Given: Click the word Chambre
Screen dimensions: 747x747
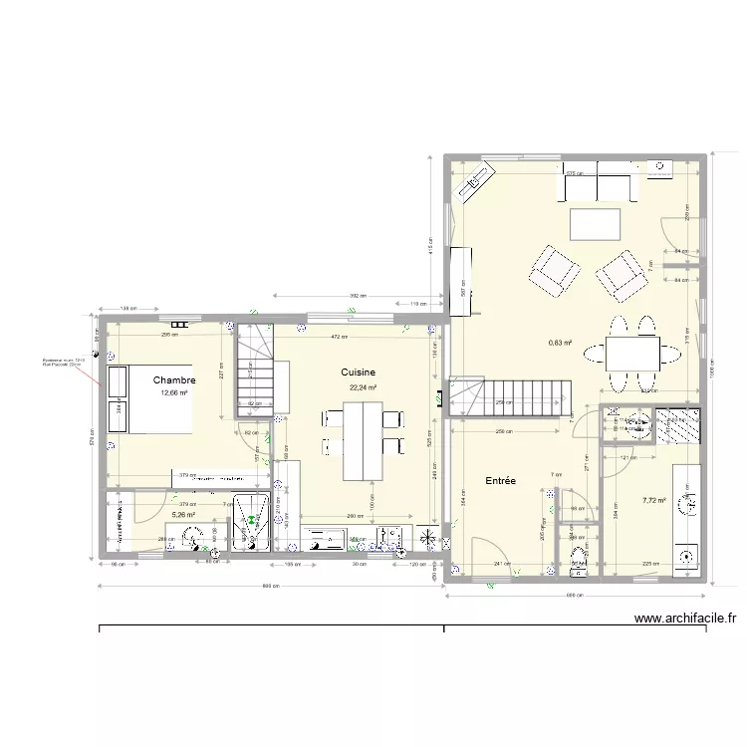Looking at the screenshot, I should [174, 379].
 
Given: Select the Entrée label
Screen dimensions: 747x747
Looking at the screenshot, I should [500, 480].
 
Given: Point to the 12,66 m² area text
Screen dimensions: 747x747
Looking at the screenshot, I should [174, 393].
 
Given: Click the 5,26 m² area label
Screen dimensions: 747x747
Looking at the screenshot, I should [183, 515].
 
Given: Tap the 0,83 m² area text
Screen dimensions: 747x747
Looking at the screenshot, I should [560, 344].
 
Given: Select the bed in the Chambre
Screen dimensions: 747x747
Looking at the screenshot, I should [149, 399].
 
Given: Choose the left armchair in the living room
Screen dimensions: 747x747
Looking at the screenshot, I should [554, 270].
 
